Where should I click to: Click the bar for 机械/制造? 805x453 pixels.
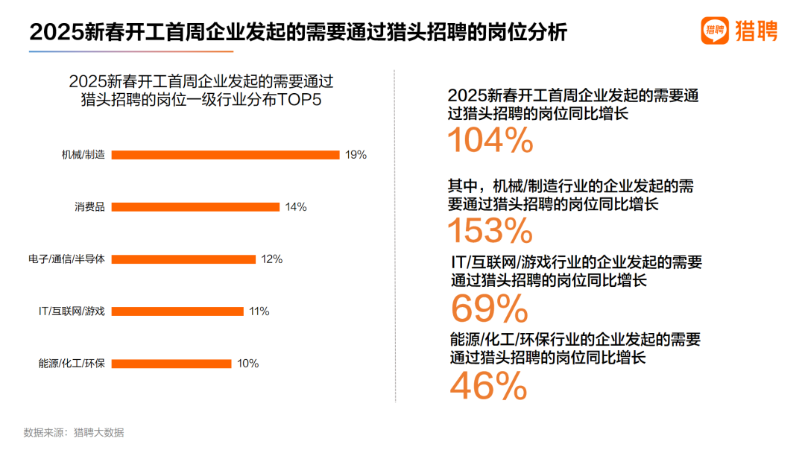[225, 155]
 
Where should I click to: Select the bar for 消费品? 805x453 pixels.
[195, 207]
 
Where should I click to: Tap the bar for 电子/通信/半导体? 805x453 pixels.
[183, 259]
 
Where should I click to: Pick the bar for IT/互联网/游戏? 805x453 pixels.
[177, 311]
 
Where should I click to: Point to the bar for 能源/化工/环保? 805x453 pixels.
[171, 364]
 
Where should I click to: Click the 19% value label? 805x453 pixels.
[356, 155]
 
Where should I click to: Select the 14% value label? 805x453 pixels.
[296, 207]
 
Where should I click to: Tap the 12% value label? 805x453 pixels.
[271, 259]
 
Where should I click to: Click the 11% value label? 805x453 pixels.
[259, 311]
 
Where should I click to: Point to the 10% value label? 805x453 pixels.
[247, 364]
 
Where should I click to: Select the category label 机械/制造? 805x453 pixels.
[83, 155]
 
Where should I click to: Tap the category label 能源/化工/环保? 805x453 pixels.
[72, 364]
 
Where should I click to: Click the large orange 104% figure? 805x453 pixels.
[490, 139]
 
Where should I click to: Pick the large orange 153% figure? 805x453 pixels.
[490, 231]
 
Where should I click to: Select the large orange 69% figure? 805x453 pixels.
[489, 308]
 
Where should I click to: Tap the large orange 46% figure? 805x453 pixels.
[488, 386]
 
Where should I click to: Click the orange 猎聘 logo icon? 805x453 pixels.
[715, 31]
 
